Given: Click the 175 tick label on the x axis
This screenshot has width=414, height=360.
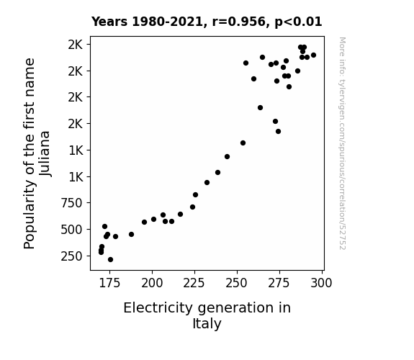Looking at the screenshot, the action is click(109, 283).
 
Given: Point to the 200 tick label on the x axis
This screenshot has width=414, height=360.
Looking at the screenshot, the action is click(152, 283).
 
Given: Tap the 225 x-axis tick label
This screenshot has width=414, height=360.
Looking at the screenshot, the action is click(194, 283).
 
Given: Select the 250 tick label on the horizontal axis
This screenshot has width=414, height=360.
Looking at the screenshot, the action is click(237, 283).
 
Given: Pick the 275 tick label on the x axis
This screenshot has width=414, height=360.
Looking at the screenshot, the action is click(279, 283).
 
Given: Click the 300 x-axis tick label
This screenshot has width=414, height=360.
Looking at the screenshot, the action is click(322, 283).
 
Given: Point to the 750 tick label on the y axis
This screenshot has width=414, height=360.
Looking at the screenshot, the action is click(72, 203).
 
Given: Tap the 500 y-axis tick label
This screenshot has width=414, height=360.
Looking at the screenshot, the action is click(72, 230).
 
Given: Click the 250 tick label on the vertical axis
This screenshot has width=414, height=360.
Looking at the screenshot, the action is click(72, 256).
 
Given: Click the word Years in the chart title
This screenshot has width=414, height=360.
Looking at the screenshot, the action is click(109, 22).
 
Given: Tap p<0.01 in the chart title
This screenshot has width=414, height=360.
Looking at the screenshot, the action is click(298, 22).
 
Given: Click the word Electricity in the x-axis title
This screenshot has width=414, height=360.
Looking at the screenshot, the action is click(158, 308).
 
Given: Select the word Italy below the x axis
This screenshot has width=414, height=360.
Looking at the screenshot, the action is click(207, 323).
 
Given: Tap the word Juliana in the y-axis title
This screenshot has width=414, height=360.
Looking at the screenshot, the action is click(45, 153).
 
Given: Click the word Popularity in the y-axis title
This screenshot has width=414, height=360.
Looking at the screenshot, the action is click(29, 214).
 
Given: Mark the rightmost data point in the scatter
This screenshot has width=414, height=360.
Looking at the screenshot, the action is click(313, 55).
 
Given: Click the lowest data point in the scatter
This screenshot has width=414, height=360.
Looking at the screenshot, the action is click(110, 260).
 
